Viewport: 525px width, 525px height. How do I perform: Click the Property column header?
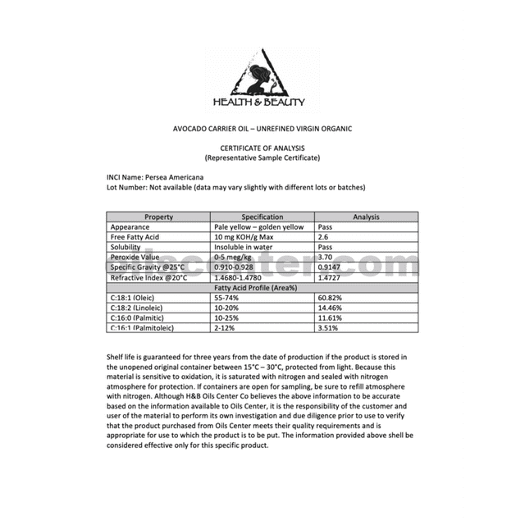click(158, 217)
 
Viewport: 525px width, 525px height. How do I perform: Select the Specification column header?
click(262, 217)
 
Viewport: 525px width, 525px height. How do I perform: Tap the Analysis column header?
click(366, 217)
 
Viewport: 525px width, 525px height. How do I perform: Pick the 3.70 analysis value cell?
click(328, 257)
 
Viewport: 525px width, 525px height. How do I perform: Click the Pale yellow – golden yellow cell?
click(258, 226)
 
